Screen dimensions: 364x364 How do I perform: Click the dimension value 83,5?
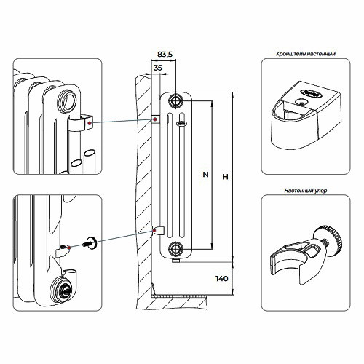click(x=165, y=55)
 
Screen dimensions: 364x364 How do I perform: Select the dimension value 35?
click(x=158, y=68)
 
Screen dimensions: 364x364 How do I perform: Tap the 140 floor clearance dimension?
click(x=222, y=278)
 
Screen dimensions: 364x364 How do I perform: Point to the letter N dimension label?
click(x=205, y=174)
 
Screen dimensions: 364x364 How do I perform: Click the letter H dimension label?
click(x=226, y=177)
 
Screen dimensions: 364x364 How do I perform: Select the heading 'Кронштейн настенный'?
click(x=306, y=54)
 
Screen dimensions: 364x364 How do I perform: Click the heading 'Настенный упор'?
click(x=306, y=191)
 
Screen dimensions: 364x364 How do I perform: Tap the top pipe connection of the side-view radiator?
click(x=175, y=100)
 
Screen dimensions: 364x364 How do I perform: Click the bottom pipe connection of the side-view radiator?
click(x=175, y=248)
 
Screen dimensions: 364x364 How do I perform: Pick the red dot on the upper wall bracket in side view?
click(x=154, y=119)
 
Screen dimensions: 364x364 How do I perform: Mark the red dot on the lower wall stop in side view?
click(x=154, y=229)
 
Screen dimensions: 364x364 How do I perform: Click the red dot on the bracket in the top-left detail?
click(x=90, y=124)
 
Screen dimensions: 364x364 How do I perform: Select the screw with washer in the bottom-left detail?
click(x=90, y=242)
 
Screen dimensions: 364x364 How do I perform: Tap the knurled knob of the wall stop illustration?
click(x=331, y=241)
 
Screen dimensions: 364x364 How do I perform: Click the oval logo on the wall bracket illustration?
click(x=312, y=93)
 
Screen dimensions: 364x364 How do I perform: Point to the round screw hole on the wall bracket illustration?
click(x=301, y=101)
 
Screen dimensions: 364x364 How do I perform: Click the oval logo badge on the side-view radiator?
click(x=181, y=124)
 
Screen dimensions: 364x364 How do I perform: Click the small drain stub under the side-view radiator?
click(x=175, y=261)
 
